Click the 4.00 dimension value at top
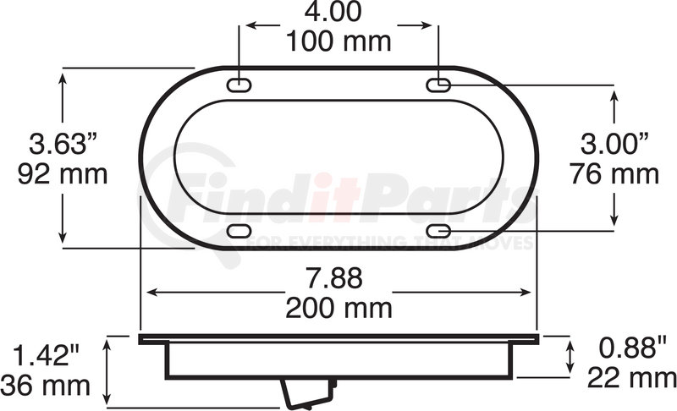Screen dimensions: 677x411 (333, 12)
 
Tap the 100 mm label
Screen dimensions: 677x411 (338, 41)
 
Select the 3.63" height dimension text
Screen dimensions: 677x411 (63, 144)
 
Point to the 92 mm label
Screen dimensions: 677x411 (63, 174)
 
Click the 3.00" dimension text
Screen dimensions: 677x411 (614, 144)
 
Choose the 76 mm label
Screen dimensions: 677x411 (614, 174)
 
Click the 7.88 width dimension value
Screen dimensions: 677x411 (334, 278)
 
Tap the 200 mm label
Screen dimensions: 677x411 (339, 308)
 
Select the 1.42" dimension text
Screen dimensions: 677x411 (47, 355)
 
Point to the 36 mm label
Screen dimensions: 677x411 (46, 385)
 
